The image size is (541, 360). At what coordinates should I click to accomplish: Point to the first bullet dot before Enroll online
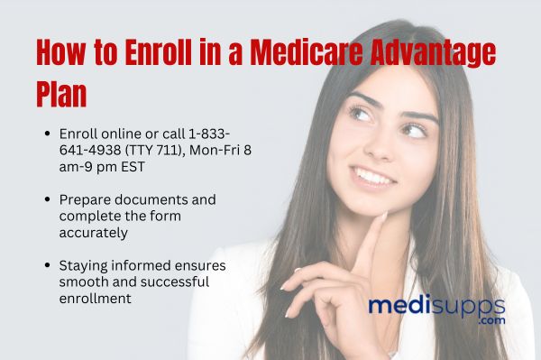47,133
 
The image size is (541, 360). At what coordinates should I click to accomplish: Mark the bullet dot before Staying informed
47,266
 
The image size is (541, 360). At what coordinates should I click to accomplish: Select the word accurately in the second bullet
93,232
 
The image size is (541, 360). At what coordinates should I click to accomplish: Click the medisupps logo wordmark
436,305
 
